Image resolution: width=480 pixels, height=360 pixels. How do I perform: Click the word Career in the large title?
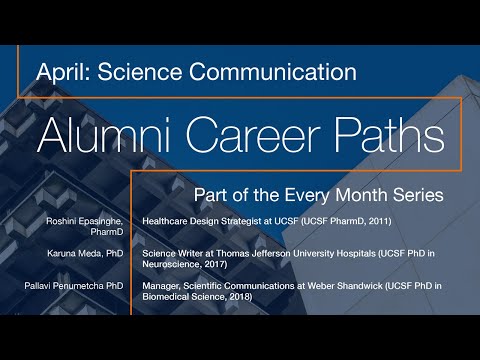tap(250, 130)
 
